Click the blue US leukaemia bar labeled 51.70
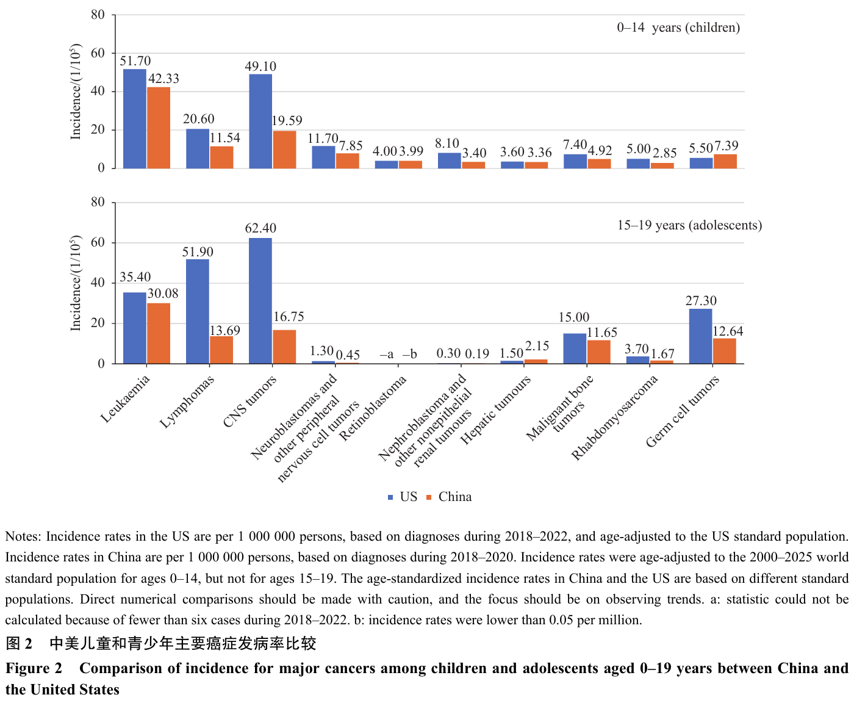134,119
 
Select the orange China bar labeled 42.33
159,128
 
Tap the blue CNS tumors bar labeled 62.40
260,301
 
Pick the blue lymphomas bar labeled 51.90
198,311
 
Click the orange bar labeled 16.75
284,347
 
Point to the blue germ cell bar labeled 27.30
700,336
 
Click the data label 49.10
260,67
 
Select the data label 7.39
727,146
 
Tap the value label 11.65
601,333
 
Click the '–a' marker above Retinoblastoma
386,355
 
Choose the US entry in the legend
403,497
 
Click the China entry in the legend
449,497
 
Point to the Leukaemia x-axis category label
125,398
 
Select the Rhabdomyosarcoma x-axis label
614,417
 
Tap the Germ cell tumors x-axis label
683,411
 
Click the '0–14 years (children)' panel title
678,27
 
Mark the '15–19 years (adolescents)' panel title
689,225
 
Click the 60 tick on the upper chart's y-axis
98,53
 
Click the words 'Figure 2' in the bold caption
34,668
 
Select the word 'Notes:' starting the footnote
23,536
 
